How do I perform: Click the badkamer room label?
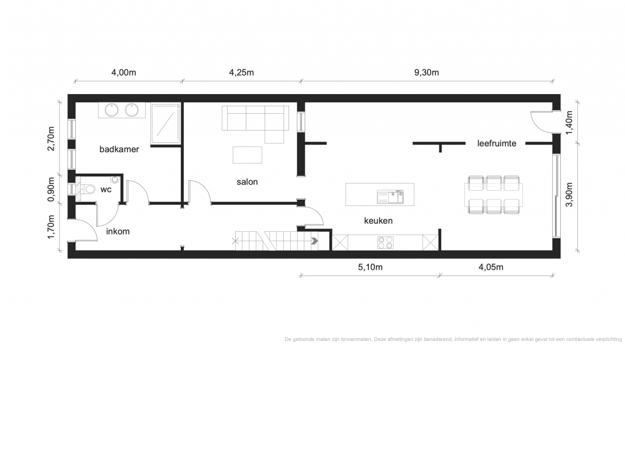(119, 149)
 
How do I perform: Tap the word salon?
(247, 182)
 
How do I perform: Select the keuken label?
(378, 221)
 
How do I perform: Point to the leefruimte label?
(497, 143)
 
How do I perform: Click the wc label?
(106, 189)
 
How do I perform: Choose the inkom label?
(118, 232)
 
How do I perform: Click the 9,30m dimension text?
(427, 73)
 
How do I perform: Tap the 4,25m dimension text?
(241, 73)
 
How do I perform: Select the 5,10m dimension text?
(370, 267)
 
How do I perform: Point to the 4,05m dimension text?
(491, 267)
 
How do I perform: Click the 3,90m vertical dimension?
(569, 195)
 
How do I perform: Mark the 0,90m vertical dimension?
(51, 189)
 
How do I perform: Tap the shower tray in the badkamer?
(165, 123)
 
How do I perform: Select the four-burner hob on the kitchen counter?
(385, 243)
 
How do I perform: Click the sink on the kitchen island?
(390, 197)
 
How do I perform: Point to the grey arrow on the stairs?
(315, 241)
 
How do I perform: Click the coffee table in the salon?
(248, 155)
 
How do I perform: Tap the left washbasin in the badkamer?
(111, 110)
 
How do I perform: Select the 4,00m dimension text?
(124, 73)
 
